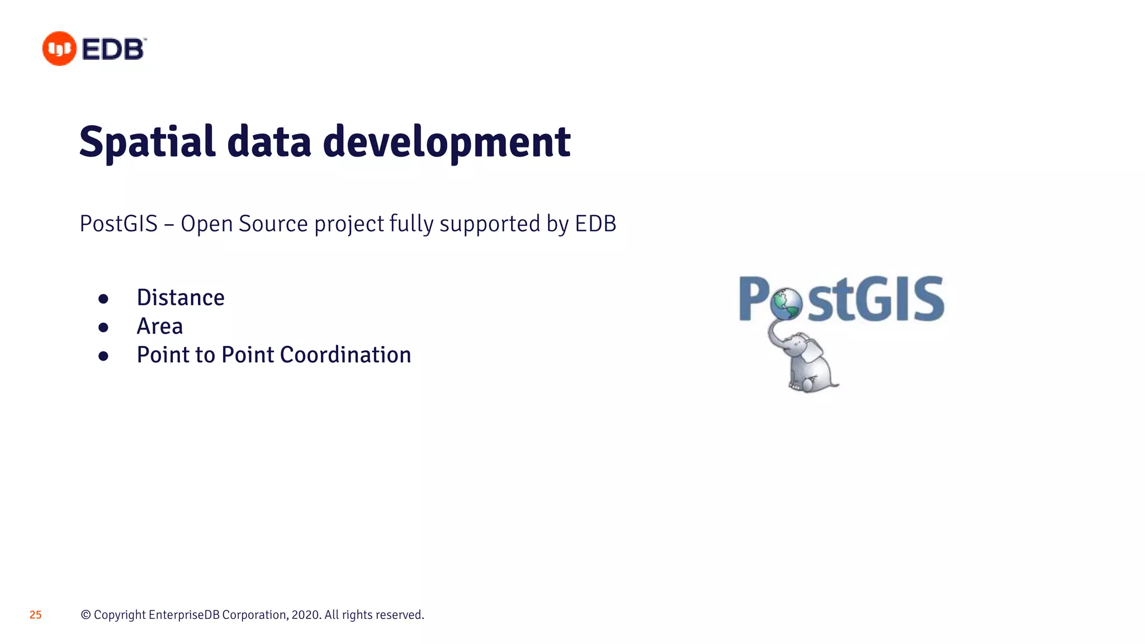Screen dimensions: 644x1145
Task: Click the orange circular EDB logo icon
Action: tap(59, 49)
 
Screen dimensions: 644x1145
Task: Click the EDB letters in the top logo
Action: tap(113, 49)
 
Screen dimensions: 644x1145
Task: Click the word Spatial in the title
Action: tap(147, 142)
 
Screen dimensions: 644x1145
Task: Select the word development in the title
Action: tap(446, 142)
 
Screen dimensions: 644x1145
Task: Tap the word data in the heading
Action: tap(269, 142)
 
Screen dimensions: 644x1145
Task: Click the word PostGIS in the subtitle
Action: tap(119, 224)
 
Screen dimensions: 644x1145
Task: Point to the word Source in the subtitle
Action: tap(273, 224)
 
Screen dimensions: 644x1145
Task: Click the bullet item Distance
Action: tap(181, 298)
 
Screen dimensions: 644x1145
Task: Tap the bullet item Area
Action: tap(160, 326)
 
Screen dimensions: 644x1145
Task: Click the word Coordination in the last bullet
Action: tap(345, 355)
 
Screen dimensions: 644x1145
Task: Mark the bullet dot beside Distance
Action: tap(103, 299)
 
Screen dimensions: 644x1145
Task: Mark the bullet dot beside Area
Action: tap(103, 328)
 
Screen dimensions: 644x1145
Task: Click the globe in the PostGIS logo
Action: tap(786, 304)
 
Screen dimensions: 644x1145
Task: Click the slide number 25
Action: tap(36, 615)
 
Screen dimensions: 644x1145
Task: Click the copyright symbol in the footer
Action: tap(86, 615)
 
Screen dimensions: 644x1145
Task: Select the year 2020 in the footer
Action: tap(305, 615)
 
